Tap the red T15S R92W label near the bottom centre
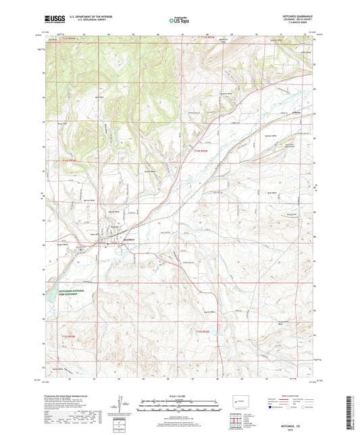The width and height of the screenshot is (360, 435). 205,331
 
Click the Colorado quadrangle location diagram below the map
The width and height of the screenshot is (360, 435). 237,401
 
